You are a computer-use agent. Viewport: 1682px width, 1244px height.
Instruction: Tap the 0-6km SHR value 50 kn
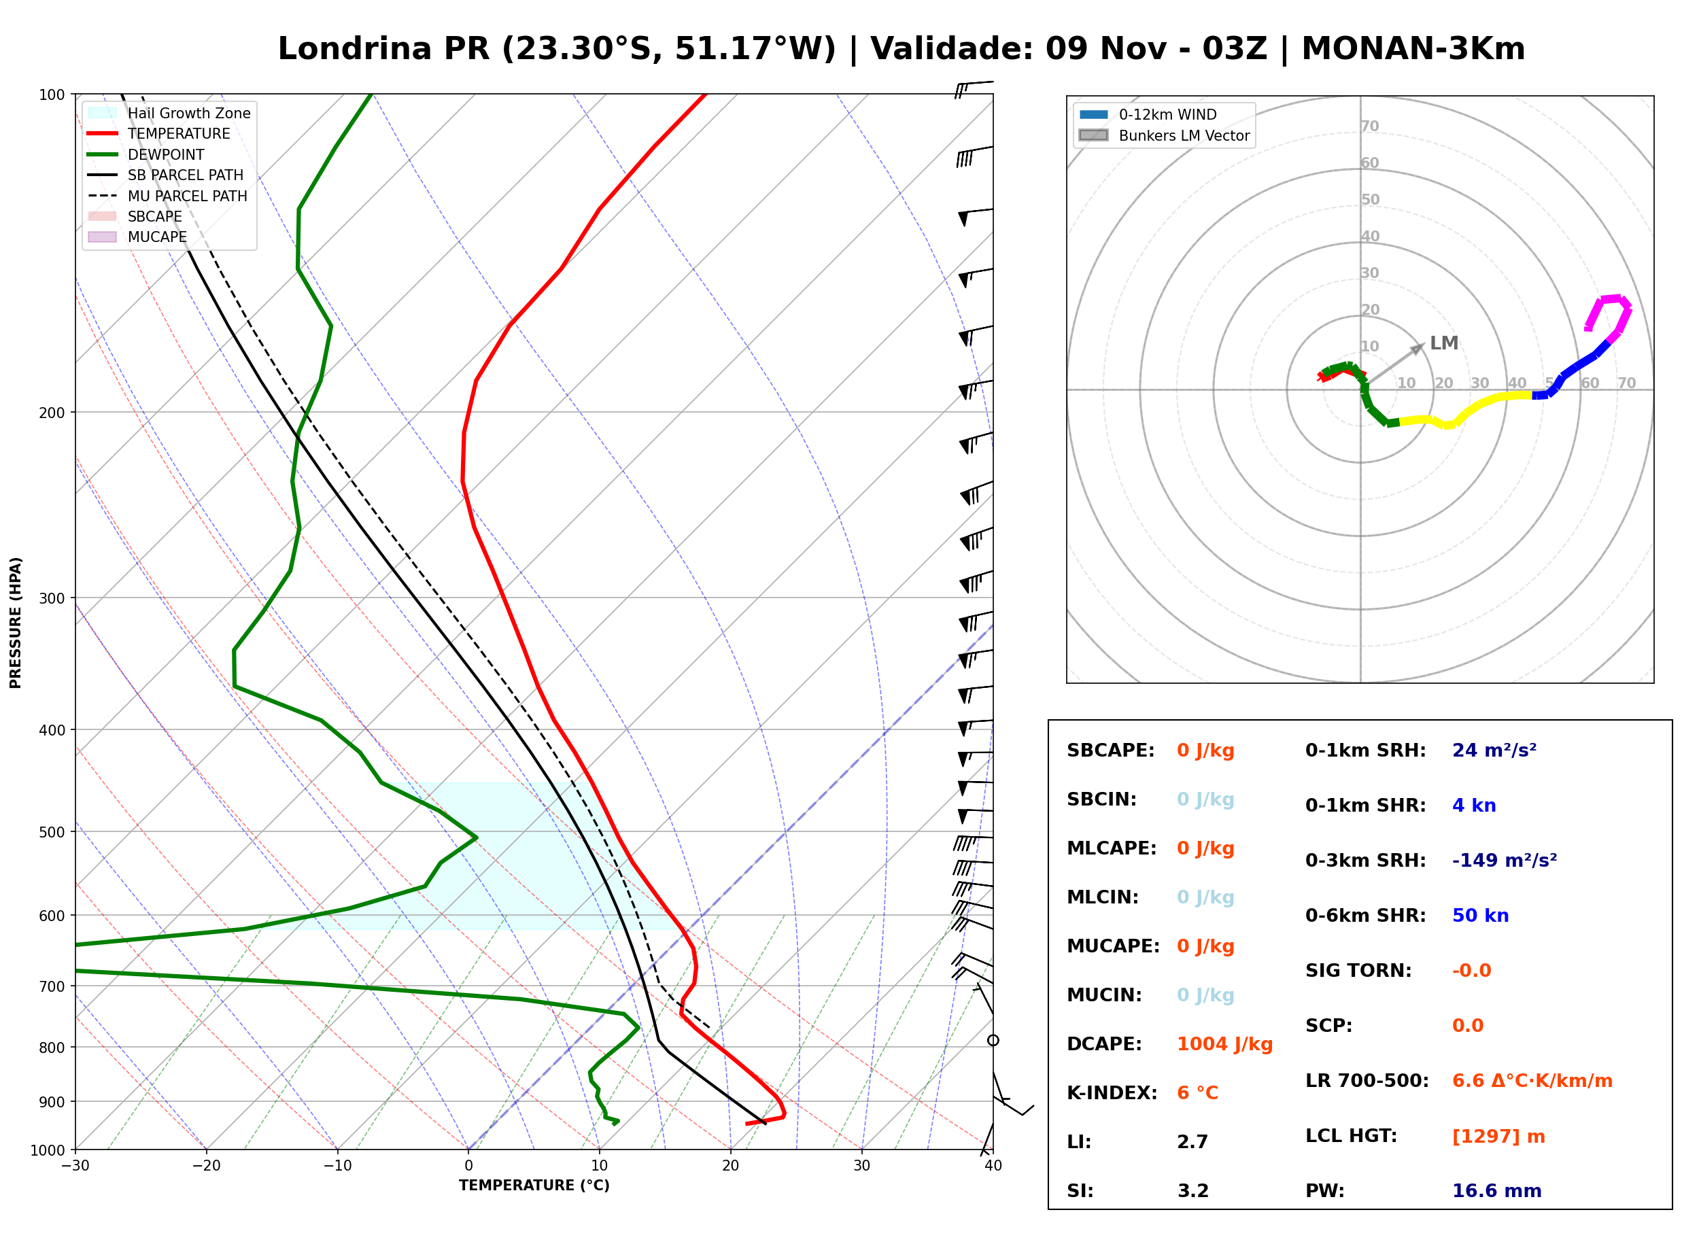click(x=1480, y=916)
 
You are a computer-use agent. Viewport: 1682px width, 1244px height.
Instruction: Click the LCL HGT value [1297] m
click(x=1498, y=1137)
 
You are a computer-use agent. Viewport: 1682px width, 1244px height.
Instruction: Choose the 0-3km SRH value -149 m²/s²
click(x=1505, y=860)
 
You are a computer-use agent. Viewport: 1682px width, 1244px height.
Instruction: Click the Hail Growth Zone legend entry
click(x=169, y=113)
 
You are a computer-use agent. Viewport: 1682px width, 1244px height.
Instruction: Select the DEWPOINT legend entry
click(x=146, y=154)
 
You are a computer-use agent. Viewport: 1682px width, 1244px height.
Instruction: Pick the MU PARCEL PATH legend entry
click(x=167, y=196)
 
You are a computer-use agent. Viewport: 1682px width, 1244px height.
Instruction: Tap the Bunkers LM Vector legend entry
click(x=1164, y=135)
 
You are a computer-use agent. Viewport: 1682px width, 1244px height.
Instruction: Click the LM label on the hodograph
click(x=1444, y=343)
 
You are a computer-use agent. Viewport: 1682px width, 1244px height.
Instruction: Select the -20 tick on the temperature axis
click(x=206, y=1166)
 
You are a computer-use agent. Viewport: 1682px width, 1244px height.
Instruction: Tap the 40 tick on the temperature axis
click(x=993, y=1166)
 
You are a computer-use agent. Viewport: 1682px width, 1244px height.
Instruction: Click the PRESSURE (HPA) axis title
click(x=16, y=622)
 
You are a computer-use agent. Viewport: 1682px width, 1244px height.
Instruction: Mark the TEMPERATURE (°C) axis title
click(x=534, y=1186)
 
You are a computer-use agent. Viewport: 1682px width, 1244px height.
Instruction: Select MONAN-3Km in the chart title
click(x=1413, y=49)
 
